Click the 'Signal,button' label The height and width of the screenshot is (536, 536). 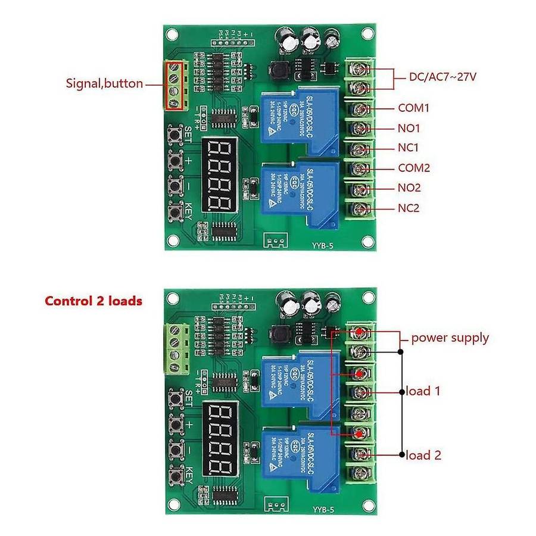104,83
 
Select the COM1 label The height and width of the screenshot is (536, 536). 414,108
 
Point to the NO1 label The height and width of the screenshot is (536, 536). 409,128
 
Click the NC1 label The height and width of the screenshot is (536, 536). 409,148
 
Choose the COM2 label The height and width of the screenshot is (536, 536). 414,169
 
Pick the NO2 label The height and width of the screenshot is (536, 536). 409,188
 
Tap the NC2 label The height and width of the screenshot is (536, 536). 409,208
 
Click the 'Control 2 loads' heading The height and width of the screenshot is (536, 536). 94,301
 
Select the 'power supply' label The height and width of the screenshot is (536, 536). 450,338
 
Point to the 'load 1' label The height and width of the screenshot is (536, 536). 423,391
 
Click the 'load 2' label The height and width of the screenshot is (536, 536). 423,456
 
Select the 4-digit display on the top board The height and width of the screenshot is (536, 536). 217,176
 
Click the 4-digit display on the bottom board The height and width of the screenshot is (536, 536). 217,439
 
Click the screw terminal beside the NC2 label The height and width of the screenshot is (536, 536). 359,209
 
